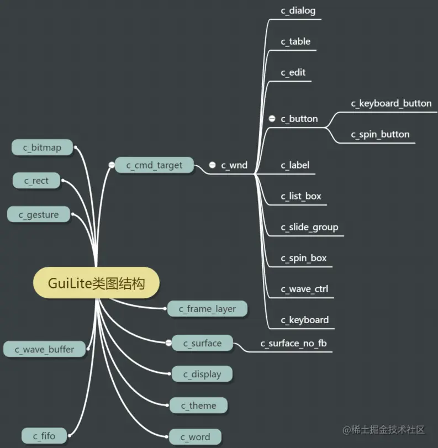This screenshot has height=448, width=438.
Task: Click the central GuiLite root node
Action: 97,284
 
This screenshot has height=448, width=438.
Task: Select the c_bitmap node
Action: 42,147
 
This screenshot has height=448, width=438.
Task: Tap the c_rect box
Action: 36,181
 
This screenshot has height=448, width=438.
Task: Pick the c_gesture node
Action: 39,215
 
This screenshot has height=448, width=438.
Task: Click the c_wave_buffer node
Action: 44,349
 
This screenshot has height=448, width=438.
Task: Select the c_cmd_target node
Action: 155,165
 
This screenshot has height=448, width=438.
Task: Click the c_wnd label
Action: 234,165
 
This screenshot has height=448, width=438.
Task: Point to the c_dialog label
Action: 298,10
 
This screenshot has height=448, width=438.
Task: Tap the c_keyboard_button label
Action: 391,103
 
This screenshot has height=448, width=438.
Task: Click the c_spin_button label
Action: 380,134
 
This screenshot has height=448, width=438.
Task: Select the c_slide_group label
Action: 309,227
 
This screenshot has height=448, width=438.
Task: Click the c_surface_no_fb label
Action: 294,343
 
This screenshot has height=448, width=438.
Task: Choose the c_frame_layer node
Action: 207,309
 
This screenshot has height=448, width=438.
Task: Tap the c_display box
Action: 202,374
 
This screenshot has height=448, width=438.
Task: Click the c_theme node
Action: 198,405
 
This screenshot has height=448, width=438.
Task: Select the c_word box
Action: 196,437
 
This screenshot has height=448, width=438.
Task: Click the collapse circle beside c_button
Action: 272,119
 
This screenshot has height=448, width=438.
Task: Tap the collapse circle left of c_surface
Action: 168,343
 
